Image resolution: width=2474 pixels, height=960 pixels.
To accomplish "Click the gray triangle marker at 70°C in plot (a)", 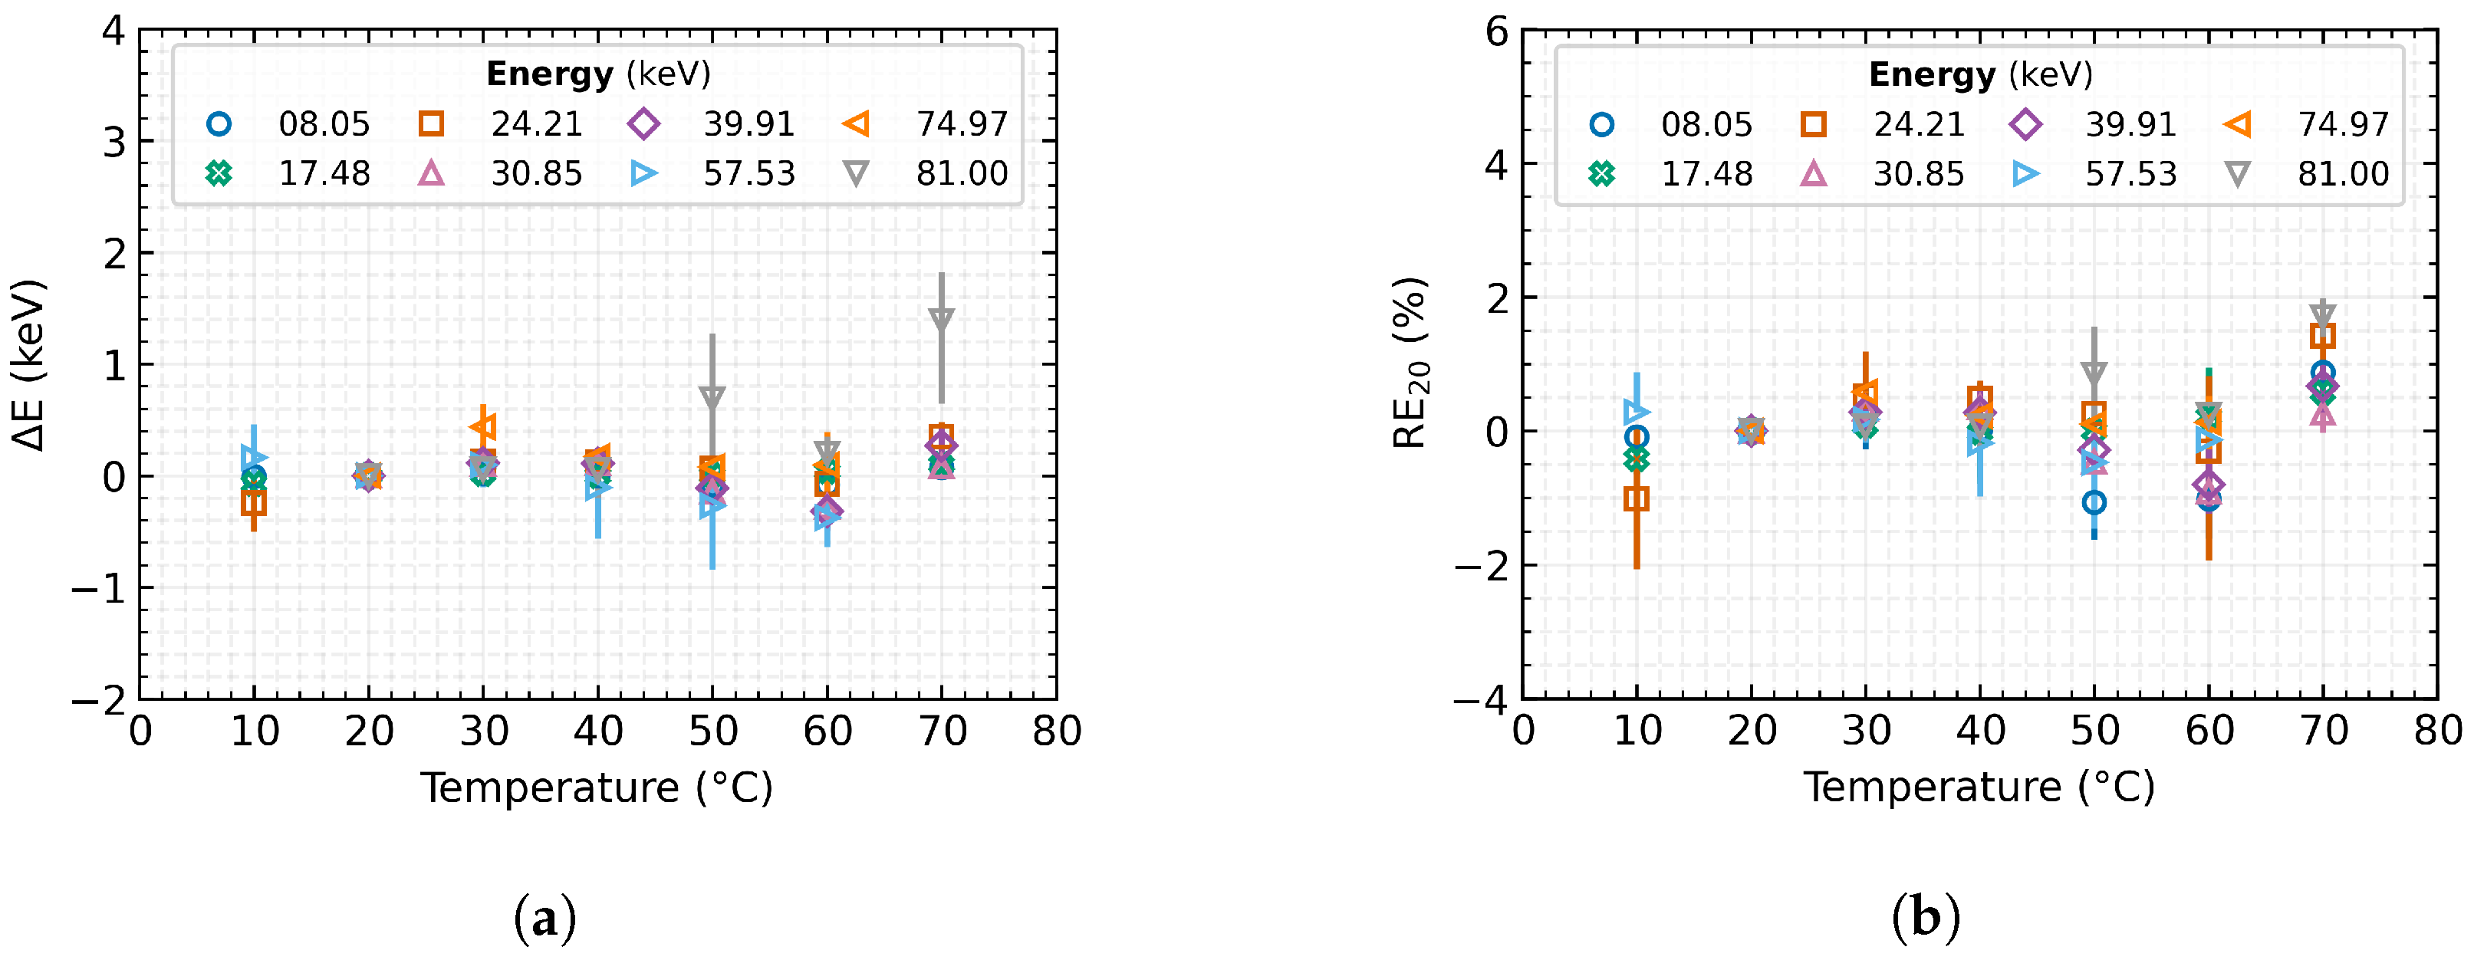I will (x=941, y=320).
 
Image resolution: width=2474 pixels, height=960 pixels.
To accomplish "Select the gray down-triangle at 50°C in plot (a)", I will (x=712, y=397).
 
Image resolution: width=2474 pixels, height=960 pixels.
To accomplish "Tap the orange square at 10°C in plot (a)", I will (x=254, y=501).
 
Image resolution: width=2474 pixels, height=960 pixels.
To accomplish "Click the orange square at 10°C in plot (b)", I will (x=1637, y=498).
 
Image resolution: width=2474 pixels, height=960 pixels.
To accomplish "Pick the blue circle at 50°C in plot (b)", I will (x=2094, y=502).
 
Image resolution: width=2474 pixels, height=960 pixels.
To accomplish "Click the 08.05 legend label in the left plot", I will (x=324, y=124).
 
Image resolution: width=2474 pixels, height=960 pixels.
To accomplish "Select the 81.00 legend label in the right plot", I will (x=2342, y=174).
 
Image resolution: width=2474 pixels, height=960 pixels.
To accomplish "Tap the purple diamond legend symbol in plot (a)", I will (x=643, y=124).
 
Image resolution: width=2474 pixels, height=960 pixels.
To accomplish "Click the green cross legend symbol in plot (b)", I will (x=1601, y=174).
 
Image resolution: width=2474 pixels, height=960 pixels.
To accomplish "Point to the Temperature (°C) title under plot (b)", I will (x=1979, y=787).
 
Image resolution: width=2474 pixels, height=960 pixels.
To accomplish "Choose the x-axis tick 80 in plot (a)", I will (x=1057, y=732).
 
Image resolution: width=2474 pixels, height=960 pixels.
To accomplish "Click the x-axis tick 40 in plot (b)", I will (x=1980, y=732).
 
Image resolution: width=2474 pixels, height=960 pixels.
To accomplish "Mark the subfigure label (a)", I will (x=545, y=918).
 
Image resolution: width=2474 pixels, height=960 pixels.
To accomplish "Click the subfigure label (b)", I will (x=1925, y=918).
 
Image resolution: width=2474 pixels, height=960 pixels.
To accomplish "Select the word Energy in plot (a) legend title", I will (x=549, y=74).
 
